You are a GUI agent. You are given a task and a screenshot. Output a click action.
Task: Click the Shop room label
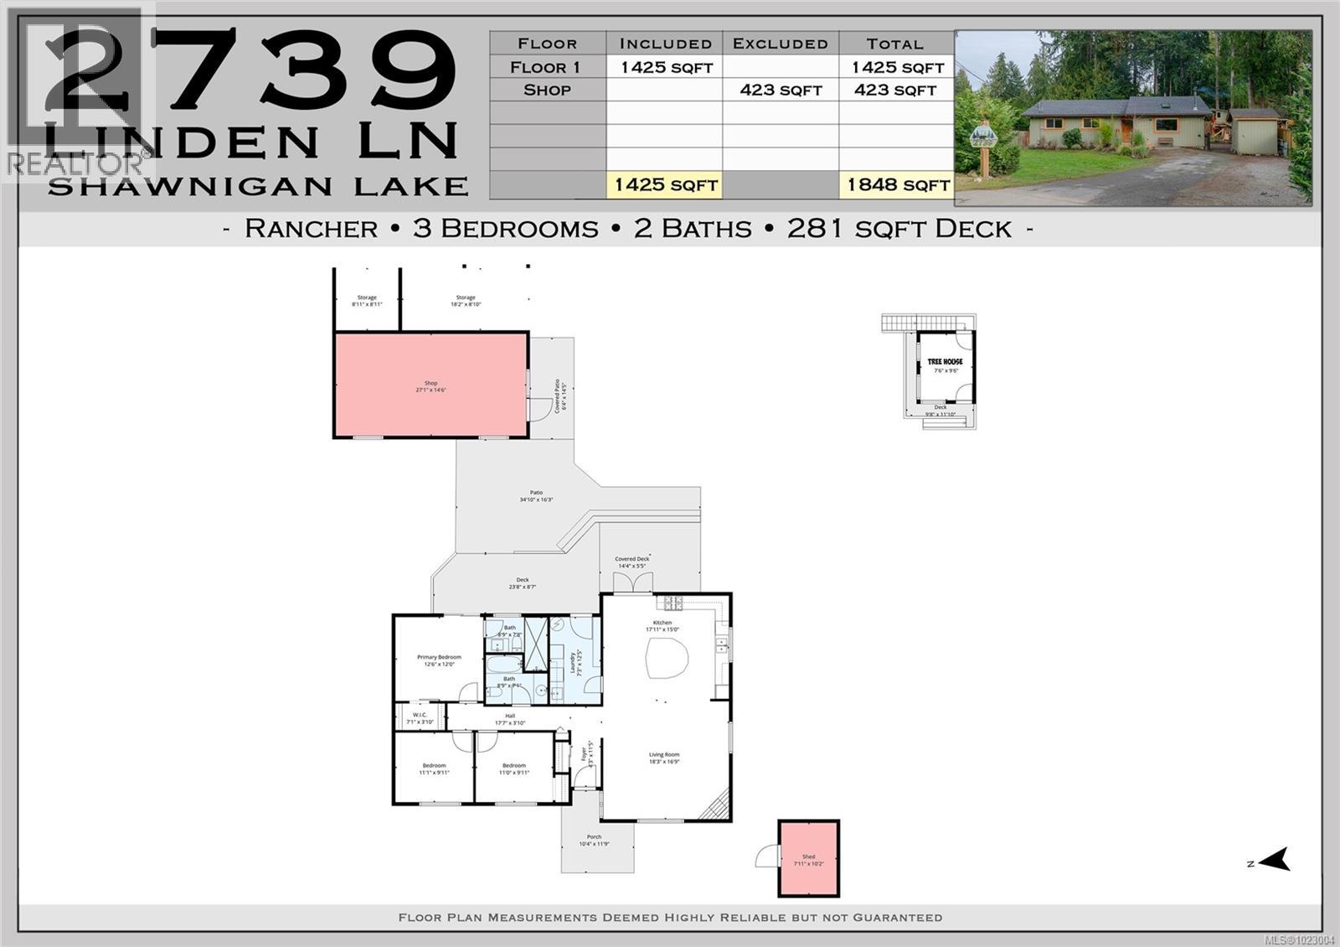[430, 386]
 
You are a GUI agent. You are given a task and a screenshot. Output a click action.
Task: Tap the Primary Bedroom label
[439, 660]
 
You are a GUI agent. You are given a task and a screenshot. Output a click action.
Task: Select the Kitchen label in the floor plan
[662, 625]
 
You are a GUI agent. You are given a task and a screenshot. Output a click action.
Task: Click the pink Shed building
[808, 859]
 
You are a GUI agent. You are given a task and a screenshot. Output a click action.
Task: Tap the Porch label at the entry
[594, 840]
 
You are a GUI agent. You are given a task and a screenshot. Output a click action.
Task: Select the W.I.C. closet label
[420, 717]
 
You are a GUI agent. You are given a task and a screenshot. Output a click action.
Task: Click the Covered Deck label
[632, 561]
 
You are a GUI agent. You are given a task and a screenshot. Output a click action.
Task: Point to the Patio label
[536, 496]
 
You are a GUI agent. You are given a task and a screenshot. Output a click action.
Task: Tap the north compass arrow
[1274, 860]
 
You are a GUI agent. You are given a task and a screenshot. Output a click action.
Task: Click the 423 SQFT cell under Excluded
[781, 90]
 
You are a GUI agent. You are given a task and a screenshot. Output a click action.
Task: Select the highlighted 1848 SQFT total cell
[897, 184]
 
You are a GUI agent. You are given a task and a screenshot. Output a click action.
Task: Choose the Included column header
[665, 44]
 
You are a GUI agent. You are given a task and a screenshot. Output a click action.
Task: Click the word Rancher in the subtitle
[311, 229]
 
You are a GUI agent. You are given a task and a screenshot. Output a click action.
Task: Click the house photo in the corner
[1133, 118]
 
